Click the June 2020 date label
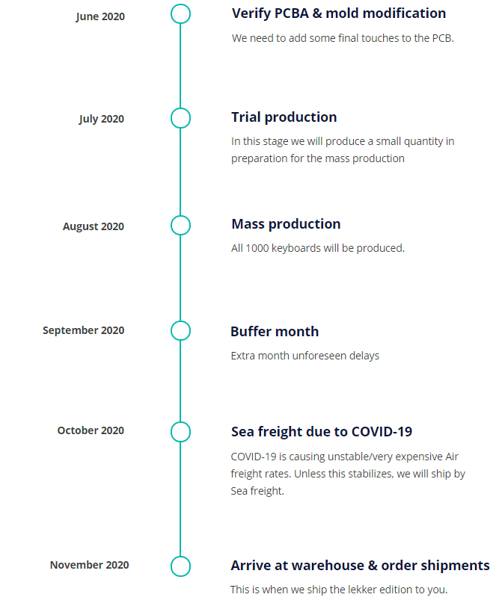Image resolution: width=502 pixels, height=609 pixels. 101,16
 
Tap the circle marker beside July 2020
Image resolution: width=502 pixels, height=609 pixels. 180,118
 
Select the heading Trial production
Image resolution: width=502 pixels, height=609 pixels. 284,117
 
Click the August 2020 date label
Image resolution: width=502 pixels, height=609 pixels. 94,226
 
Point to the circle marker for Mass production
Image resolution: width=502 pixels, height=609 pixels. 180,225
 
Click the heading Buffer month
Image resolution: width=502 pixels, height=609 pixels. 274,331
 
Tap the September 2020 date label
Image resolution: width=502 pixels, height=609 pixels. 83,330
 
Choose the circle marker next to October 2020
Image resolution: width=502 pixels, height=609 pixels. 180,432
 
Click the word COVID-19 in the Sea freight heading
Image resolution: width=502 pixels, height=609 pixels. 382,432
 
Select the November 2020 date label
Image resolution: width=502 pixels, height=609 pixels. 89,565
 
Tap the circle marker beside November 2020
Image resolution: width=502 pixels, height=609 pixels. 180,566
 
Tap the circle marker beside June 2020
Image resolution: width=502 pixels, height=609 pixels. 180,14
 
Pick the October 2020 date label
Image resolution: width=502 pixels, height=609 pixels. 91,430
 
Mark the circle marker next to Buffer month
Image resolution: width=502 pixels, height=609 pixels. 180,330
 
